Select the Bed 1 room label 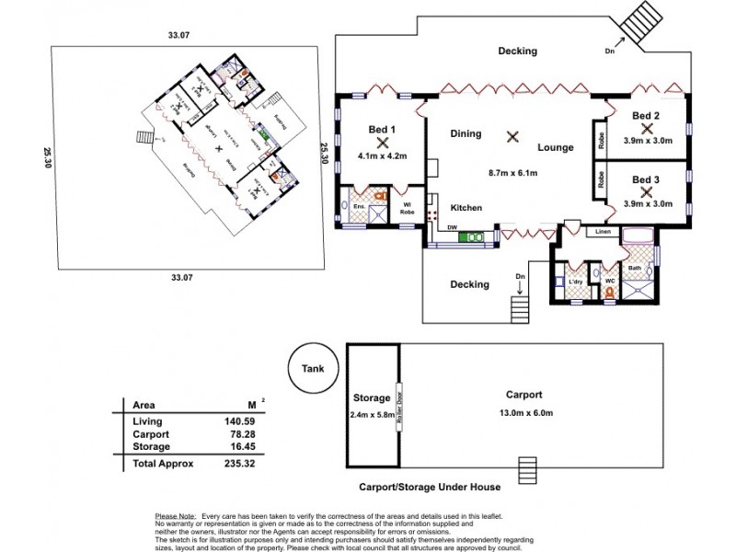pos(381,130)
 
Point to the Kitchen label pos(466,208)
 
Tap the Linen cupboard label pos(603,231)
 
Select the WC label pos(609,280)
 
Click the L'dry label pos(578,280)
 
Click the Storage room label pos(373,398)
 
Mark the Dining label pos(466,133)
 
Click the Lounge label pos(557,147)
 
